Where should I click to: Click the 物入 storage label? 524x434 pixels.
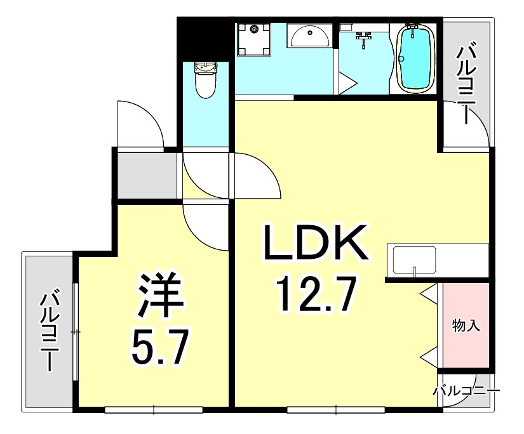[465, 326]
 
